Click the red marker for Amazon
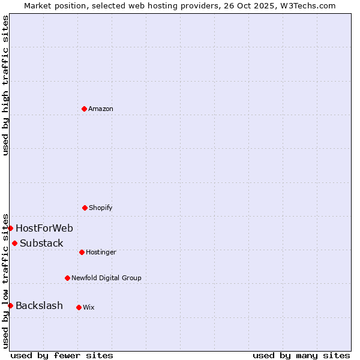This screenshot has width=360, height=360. coord(84,109)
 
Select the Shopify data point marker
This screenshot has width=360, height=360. coord(85,208)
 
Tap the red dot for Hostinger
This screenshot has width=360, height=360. coord(82,252)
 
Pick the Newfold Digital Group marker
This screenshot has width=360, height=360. coord(67,278)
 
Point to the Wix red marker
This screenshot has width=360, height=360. coord(79,307)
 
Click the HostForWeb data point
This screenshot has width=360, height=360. coord(10,228)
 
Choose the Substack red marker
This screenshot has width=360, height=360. coord(14,243)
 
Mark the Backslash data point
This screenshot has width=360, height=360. coord(10,305)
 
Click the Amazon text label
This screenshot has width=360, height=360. coord(101,109)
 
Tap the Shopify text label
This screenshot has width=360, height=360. coord(101,208)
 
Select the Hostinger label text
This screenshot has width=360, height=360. coord(101,252)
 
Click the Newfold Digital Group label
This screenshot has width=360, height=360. coord(106,278)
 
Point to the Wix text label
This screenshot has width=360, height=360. coord(89,307)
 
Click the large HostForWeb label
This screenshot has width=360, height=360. coord(44,228)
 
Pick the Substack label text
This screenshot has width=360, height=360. coord(41,243)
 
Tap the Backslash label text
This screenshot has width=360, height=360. coord(39,305)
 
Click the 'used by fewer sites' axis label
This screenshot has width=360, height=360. coord(62,355)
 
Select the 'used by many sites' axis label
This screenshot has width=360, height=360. coord(301,355)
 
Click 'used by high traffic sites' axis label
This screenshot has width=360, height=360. coord(5,85)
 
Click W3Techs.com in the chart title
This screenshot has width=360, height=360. coord(306,5)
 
